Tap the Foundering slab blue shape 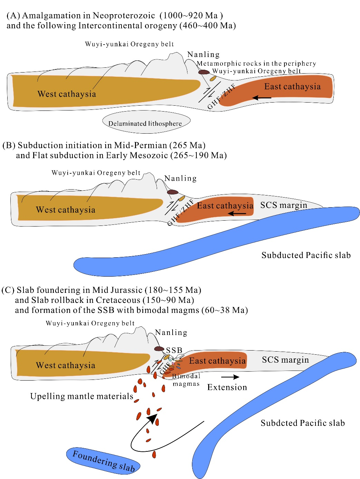[x=103, y=461]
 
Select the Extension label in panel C [x=227, y=387]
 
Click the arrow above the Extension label [x=230, y=377]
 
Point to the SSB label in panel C [x=174, y=350]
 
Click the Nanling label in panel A [x=203, y=55]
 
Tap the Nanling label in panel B [x=180, y=179]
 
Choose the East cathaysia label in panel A [x=292, y=86]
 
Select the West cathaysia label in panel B [x=66, y=210]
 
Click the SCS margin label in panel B [x=284, y=205]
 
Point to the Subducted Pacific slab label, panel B [x=306, y=255]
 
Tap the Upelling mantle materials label [x=82, y=396]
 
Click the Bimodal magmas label [x=186, y=380]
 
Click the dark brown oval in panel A [x=204, y=72]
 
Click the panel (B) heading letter [x=8, y=145]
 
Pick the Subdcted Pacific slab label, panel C [x=303, y=423]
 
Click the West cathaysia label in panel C [x=66, y=365]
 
